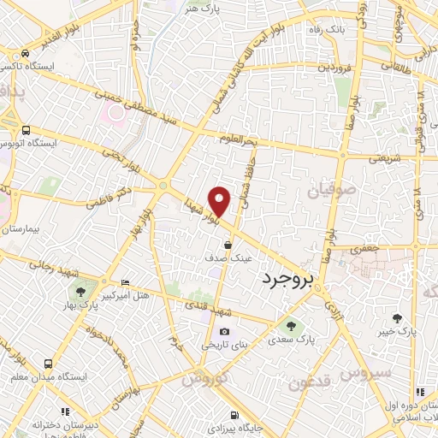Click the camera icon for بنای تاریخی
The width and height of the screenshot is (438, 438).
pyautogui.click(x=224, y=332)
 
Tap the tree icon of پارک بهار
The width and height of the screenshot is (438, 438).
pyautogui.click(x=80, y=305)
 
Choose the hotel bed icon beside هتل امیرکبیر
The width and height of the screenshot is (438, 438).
pyautogui.click(x=127, y=282)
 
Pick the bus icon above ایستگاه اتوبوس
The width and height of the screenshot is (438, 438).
pyautogui.click(x=27, y=131)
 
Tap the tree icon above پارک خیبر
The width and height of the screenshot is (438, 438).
pyautogui.click(x=397, y=318)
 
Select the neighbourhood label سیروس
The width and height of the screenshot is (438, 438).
pyautogui.click(x=366, y=373)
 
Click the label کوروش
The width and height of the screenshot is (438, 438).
pyautogui.click(x=204, y=376)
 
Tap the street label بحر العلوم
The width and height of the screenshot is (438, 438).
pyautogui.click(x=238, y=139)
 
